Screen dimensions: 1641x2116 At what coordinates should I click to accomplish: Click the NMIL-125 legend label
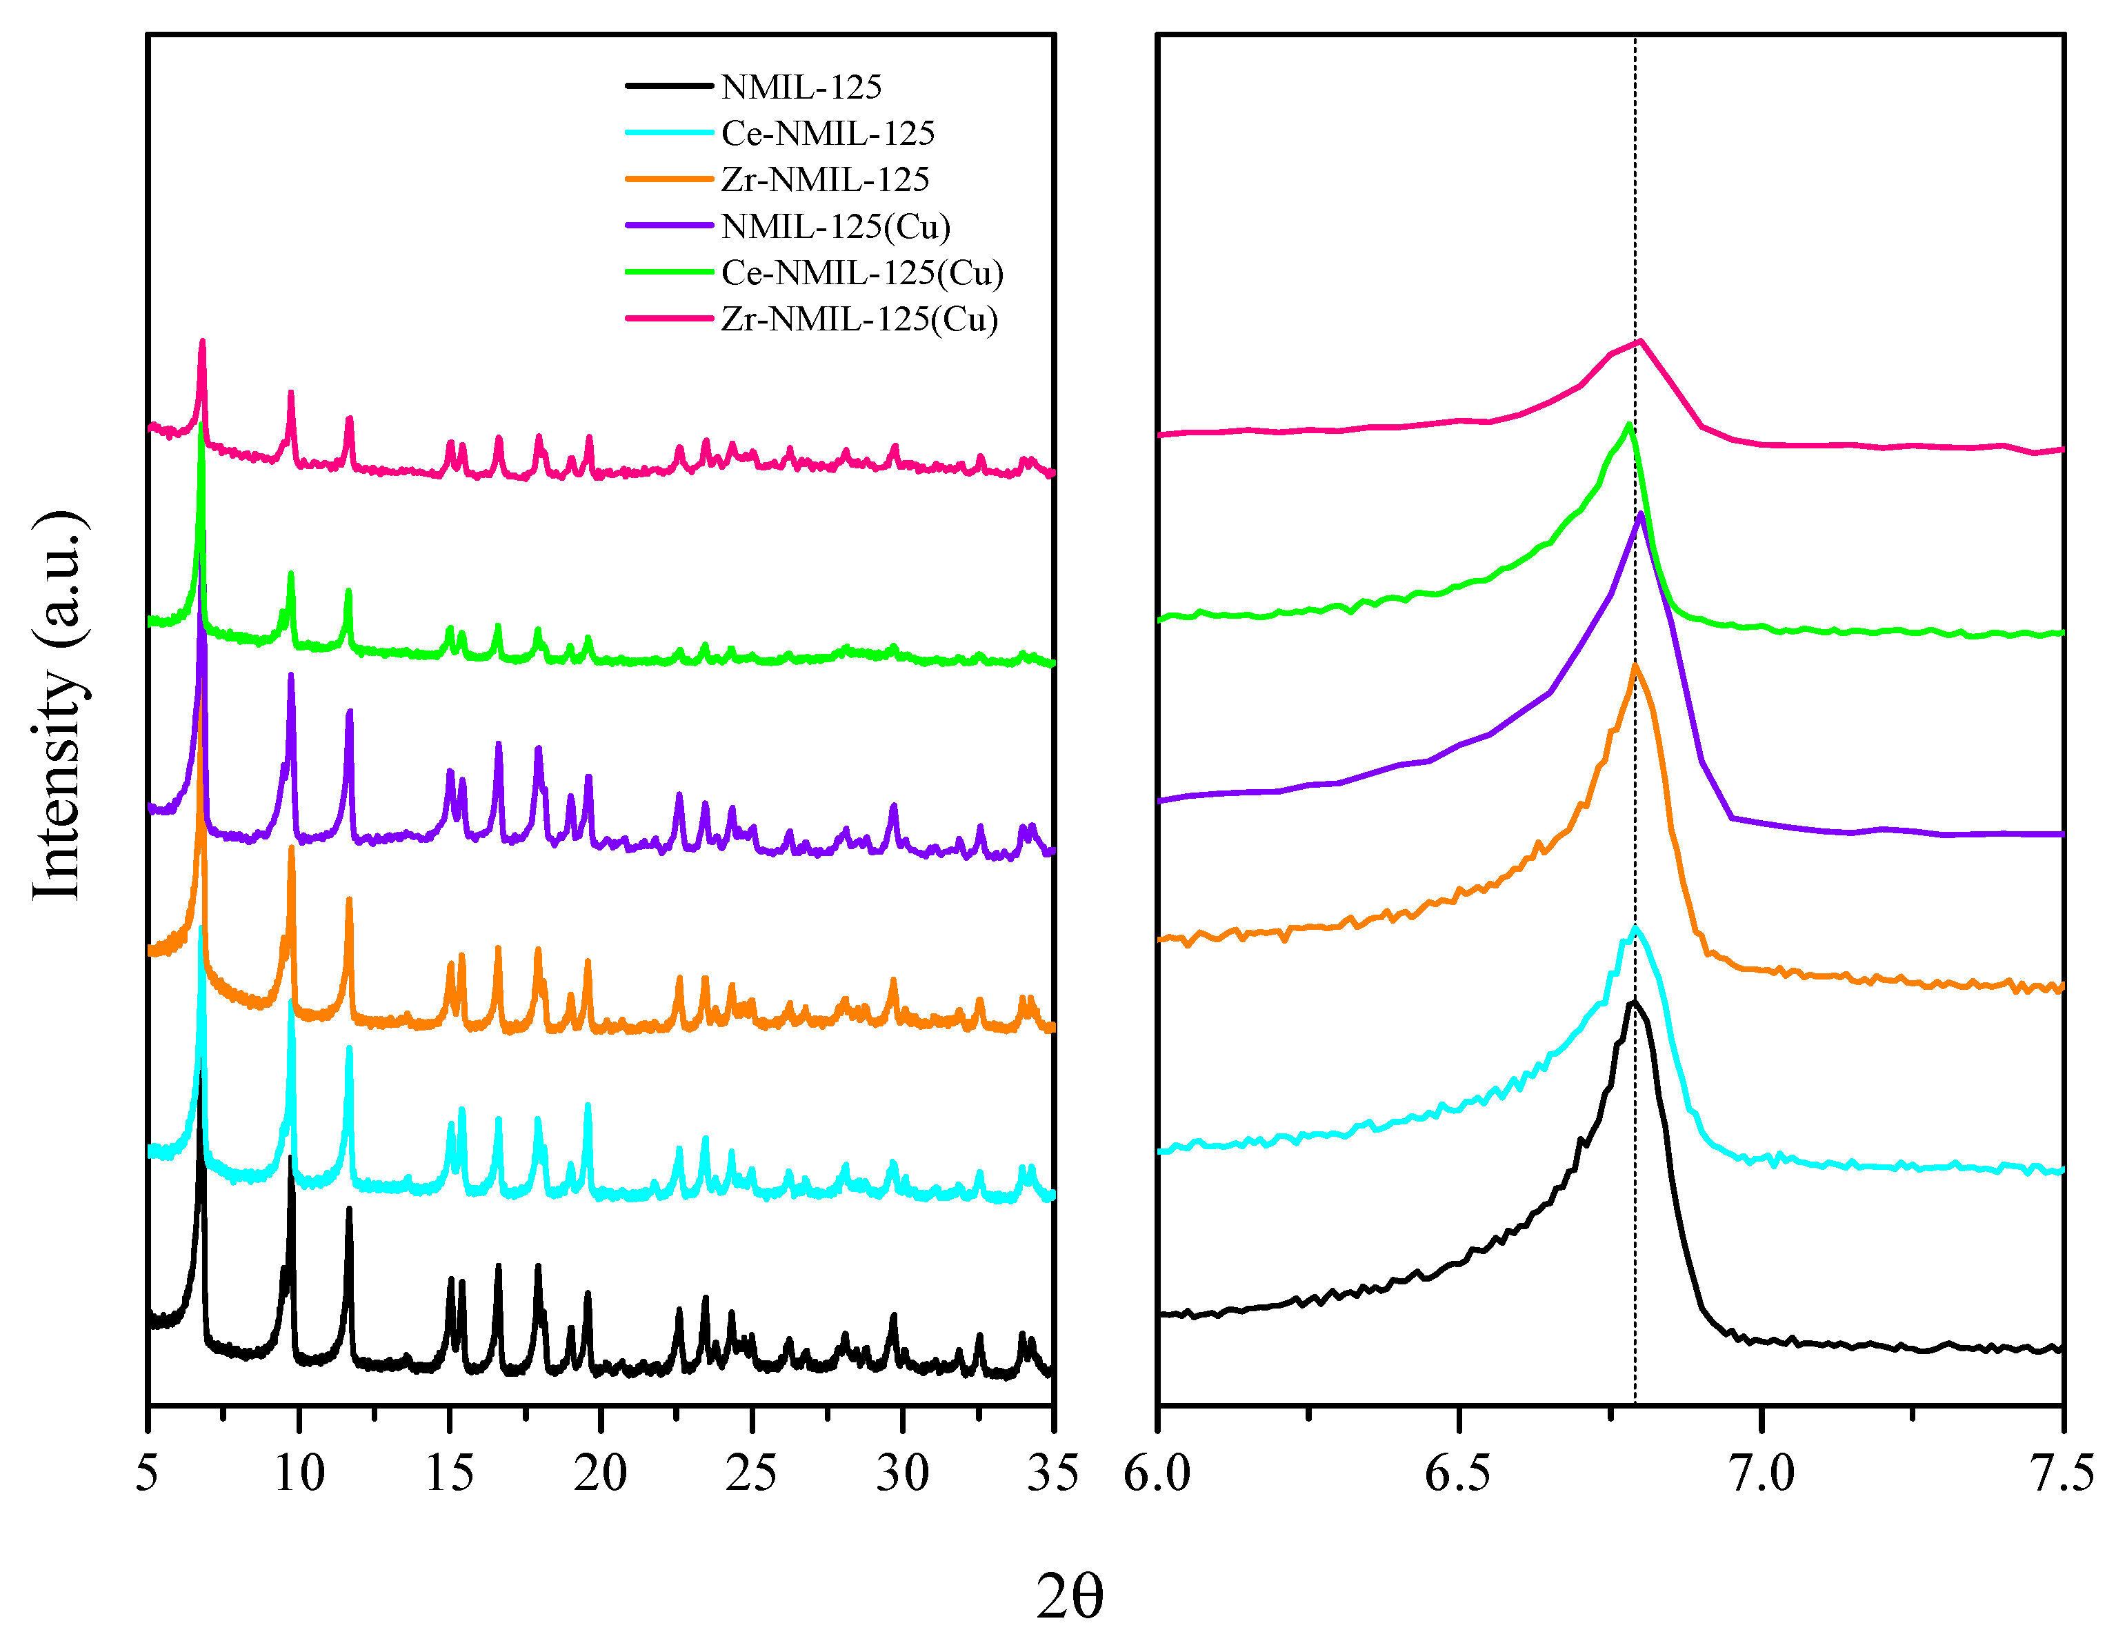801,87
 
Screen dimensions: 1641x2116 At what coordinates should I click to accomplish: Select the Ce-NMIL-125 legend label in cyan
828,134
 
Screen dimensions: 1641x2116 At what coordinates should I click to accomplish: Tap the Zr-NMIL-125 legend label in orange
824,180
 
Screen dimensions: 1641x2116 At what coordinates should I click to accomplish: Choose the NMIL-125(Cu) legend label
835,227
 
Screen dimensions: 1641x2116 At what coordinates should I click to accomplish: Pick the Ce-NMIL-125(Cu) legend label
861,273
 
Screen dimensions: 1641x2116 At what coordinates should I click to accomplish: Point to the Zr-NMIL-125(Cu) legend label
859,319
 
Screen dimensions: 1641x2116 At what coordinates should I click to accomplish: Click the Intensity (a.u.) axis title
58,705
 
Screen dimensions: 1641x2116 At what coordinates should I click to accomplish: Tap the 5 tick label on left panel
148,1474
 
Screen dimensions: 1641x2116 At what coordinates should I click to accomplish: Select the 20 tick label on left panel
600,1474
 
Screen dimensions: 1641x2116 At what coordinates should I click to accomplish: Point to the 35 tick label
1052,1474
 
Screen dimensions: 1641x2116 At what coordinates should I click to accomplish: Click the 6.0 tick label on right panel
1158,1474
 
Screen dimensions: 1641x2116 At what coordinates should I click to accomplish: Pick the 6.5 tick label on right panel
1458,1474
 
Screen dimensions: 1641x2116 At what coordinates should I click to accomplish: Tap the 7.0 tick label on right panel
1761,1474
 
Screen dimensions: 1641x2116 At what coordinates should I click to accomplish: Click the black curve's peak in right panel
1633,1002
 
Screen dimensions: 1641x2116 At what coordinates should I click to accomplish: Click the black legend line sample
668,86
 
